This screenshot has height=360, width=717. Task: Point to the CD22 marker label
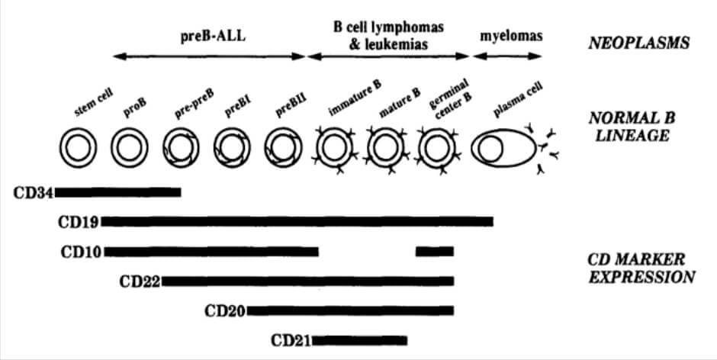140,281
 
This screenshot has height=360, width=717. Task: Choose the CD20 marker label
226,310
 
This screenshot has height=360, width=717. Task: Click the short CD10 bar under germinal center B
435,251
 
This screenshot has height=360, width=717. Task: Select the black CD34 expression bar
117,192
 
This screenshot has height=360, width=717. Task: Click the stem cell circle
77,146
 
